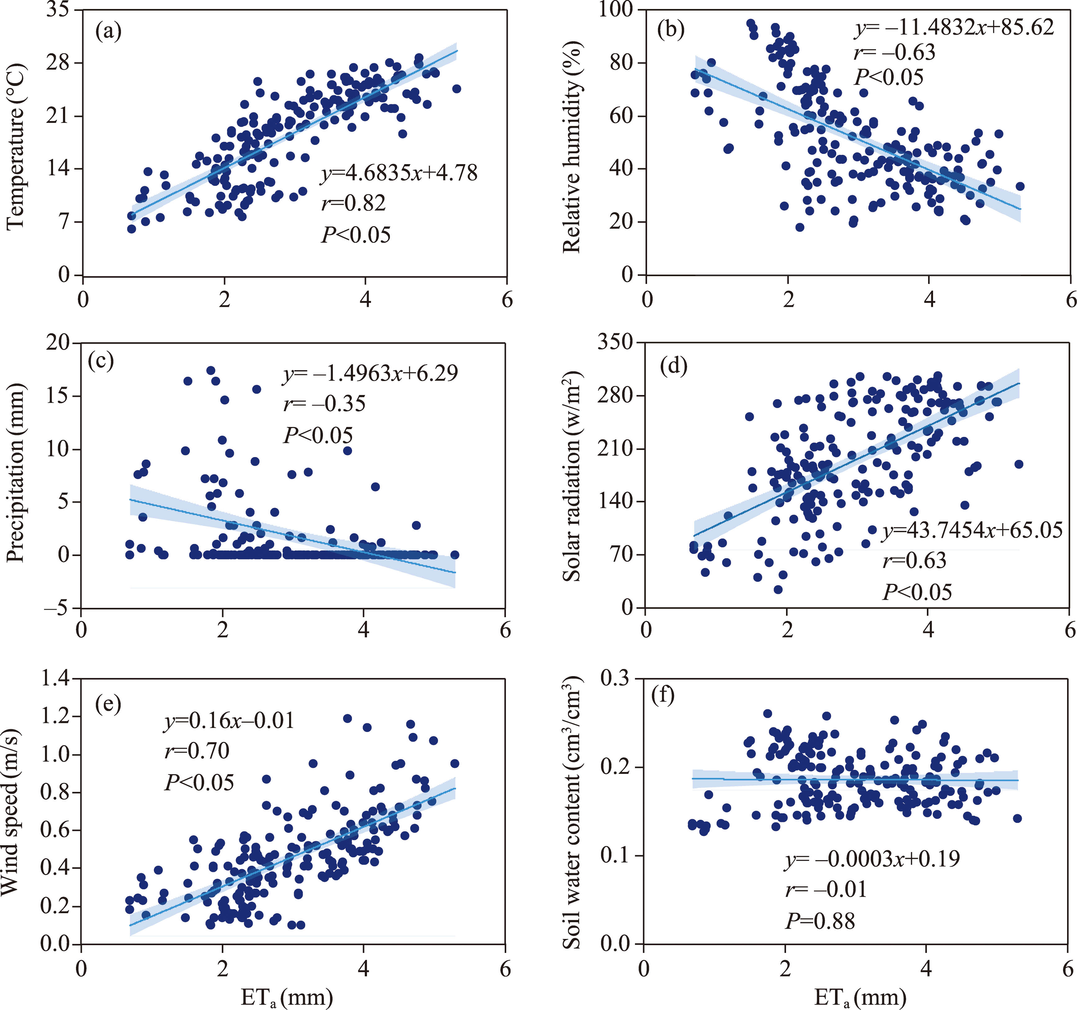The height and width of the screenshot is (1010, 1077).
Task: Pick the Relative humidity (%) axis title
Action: coord(572,146)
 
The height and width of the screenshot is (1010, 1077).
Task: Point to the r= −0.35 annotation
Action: coord(324,404)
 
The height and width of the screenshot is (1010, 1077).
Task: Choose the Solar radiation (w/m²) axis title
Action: coord(572,477)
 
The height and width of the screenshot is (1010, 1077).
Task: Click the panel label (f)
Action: coord(663,695)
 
